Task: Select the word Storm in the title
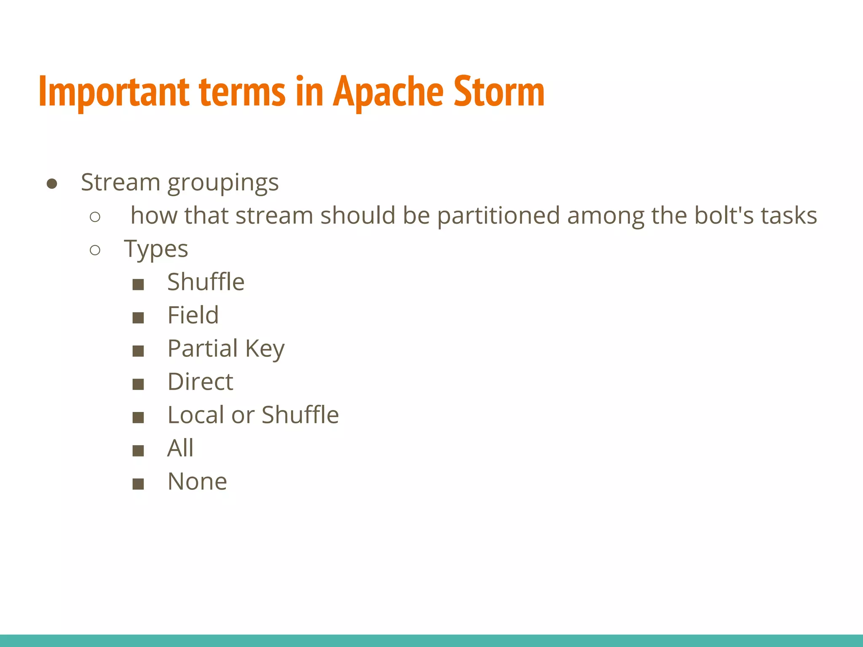pyautogui.click(x=499, y=92)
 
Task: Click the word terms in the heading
pyautogui.click(x=242, y=92)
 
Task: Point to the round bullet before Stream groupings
pyautogui.click(x=52, y=184)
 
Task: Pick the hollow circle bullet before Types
pyautogui.click(x=95, y=250)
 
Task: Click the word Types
pyautogui.click(x=156, y=249)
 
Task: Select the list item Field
pyautogui.click(x=193, y=315)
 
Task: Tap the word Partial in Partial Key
pyautogui.click(x=203, y=349)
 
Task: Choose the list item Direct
pyautogui.click(x=200, y=382)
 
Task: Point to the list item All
pyautogui.click(x=180, y=448)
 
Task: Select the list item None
pyautogui.click(x=197, y=481)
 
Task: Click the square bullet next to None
pyautogui.click(x=138, y=484)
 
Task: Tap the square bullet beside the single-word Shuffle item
pyautogui.click(x=138, y=285)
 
